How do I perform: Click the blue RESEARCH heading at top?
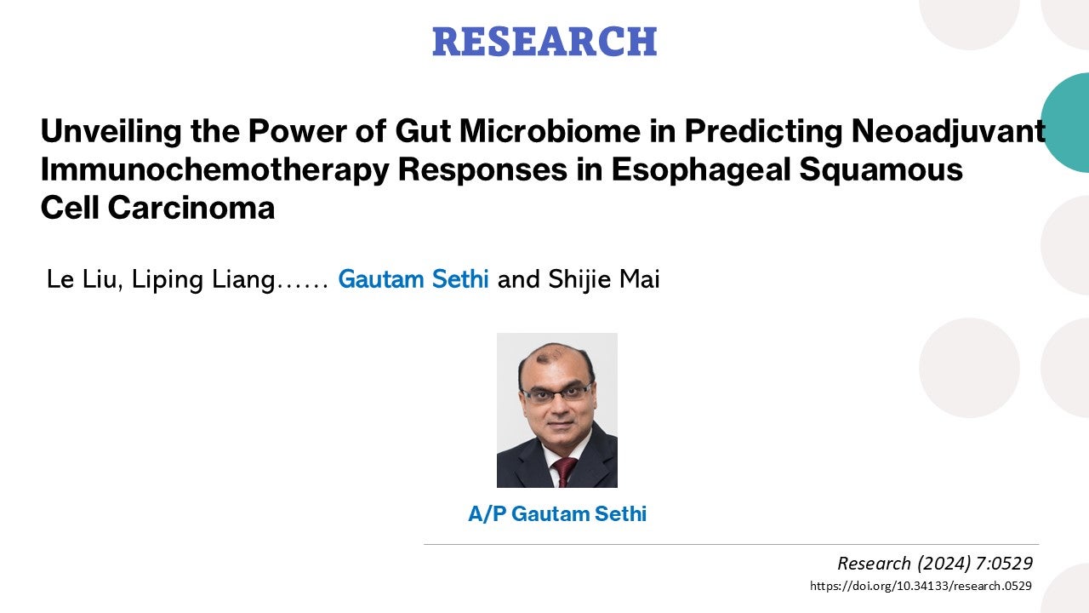click(544, 42)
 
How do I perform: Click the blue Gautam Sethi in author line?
click(413, 280)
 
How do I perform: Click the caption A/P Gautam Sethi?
click(557, 514)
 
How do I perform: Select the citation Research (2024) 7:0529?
click(934, 563)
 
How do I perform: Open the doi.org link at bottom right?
click(921, 586)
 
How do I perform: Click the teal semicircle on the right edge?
click(1069, 123)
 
